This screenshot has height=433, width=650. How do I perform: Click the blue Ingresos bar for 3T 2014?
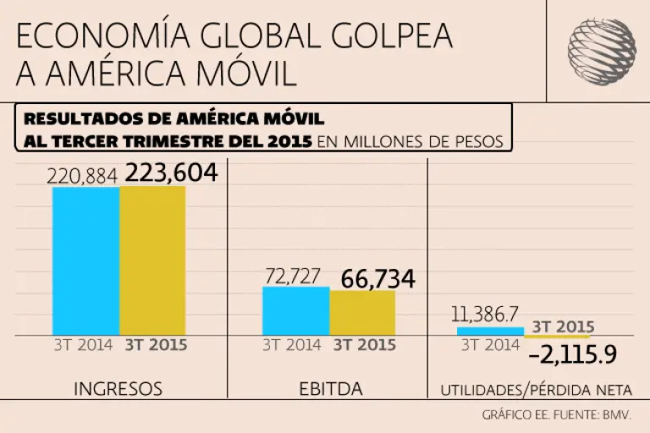[85, 260]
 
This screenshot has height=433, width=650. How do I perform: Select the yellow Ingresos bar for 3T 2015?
[152, 260]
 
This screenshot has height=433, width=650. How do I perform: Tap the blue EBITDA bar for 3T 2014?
[295, 310]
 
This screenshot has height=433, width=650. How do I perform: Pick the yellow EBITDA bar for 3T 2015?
[362, 312]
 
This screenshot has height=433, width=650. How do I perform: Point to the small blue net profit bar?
[490, 331]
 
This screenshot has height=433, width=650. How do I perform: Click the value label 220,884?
[83, 176]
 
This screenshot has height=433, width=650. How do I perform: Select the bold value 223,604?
[172, 173]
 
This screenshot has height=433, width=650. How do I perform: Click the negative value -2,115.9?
[571, 354]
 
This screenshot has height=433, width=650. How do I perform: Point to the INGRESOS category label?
[118, 389]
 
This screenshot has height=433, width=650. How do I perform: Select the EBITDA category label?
[330, 389]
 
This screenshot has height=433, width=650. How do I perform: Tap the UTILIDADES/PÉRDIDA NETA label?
[536, 390]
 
